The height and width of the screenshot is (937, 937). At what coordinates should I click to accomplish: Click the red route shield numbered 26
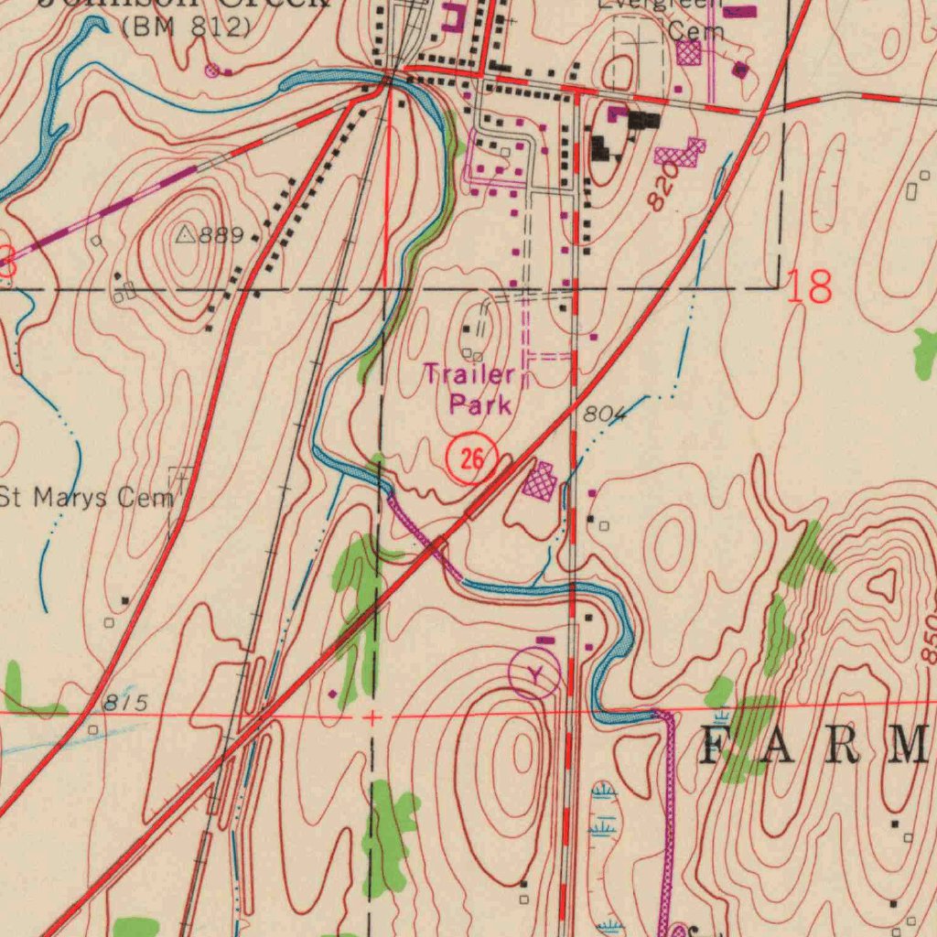pos(471,458)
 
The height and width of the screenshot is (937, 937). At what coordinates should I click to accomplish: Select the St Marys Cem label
pos(88,499)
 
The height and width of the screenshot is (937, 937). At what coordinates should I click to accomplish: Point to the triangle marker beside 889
pos(186,235)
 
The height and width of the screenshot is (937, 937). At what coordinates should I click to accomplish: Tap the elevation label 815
pos(124,703)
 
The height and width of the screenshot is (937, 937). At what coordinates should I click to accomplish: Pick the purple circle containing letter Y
pos(534,674)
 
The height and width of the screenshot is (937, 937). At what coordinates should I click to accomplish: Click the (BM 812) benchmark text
pos(185,27)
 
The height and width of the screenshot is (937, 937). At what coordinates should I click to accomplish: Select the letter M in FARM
pos(910,746)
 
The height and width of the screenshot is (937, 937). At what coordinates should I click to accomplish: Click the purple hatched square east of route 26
pos(540,480)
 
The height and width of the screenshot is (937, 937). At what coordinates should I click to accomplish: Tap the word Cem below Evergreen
pos(695,30)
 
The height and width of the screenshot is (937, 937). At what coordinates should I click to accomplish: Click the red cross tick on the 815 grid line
pos(372,718)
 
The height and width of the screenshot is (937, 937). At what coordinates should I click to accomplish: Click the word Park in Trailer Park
pos(479,404)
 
